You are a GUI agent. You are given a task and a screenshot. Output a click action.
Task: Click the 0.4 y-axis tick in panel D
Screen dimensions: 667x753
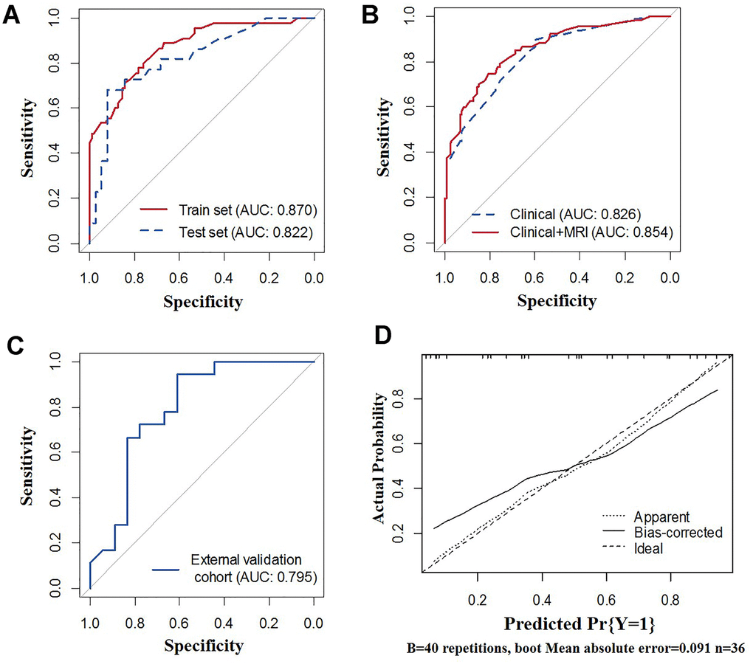[407, 488]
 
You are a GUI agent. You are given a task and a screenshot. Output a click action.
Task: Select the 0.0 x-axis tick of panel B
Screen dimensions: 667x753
[670, 278]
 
